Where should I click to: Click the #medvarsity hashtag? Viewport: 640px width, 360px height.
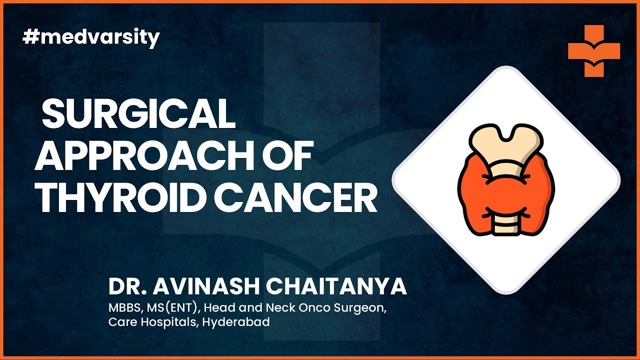[x=91, y=38]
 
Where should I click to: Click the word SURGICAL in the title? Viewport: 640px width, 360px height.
[x=139, y=114]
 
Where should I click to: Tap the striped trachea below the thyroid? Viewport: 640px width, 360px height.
[x=505, y=225]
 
